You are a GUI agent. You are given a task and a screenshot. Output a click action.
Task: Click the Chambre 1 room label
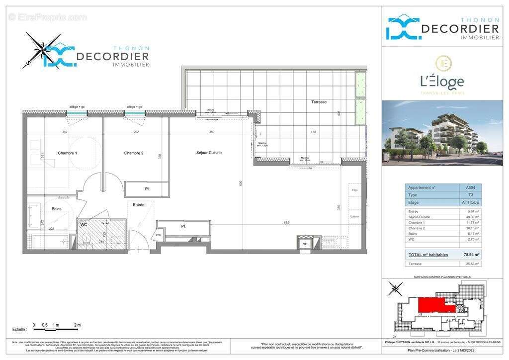click(67, 153)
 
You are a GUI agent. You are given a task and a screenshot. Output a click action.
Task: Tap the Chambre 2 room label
click(134, 153)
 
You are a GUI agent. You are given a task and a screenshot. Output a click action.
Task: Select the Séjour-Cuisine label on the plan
click(209, 153)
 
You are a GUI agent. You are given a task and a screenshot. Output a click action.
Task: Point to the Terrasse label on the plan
click(319, 102)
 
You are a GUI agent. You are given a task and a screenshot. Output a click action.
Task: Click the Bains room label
click(57, 209)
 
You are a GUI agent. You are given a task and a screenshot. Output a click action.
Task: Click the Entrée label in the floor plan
click(138, 205)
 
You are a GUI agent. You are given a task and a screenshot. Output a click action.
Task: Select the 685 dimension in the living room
click(287, 223)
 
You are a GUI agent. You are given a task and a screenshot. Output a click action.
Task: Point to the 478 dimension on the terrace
click(314, 132)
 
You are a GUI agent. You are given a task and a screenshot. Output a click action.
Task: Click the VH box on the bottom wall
click(306, 244)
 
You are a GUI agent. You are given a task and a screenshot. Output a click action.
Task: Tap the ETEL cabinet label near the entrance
click(159, 235)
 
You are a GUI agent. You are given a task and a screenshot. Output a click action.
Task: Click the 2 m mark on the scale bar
click(77, 325)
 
